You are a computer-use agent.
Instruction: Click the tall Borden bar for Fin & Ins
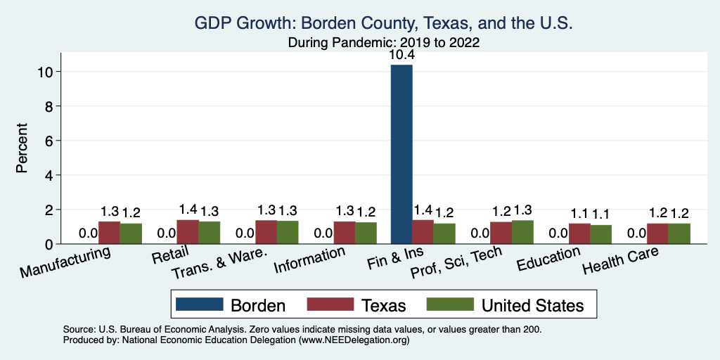click(x=401, y=155)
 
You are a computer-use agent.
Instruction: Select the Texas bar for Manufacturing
click(x=109, y=233)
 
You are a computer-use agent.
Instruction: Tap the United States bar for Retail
click(x=210, y=233)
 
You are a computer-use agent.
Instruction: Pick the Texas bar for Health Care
click(x=657, y=233)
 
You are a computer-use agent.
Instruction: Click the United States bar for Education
click(x=600, y=234)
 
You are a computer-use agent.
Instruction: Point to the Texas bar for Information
click(x=345, y=233)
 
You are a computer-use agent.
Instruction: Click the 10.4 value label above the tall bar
click(x=401, y=56)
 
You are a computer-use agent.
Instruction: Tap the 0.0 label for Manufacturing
click(x=88, y=233)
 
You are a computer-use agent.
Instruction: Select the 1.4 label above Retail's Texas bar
click(x=188, y=210)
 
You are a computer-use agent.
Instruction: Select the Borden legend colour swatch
click(x=199, y=304)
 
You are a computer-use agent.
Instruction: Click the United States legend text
click(x=532, y=305)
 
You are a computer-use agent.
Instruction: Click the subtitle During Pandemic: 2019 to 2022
click(x=384, y=42)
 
